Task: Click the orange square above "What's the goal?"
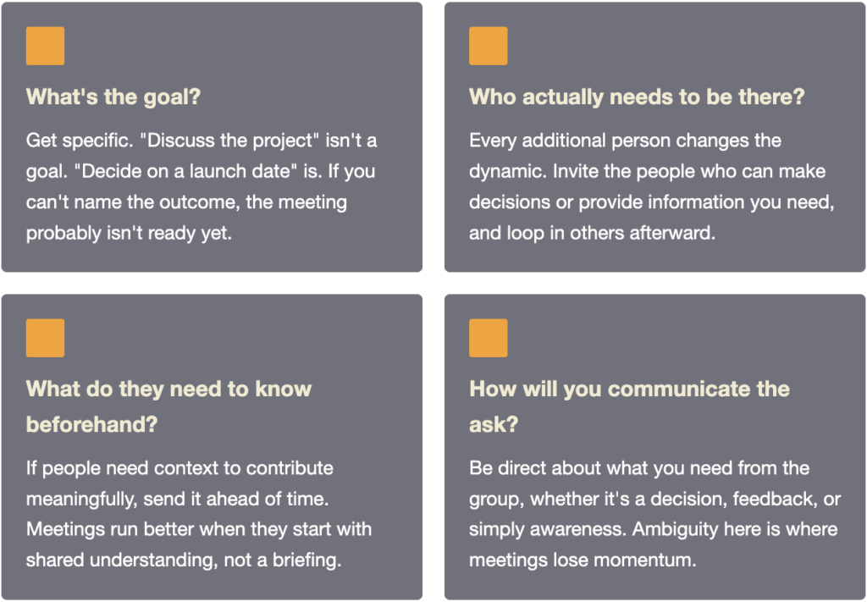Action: [x=46, y=46]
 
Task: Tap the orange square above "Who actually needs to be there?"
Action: [x=489, y=46]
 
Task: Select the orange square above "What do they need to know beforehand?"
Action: [x=46, y=338]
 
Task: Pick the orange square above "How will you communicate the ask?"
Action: [x=489, y=338]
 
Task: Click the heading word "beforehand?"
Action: [x=91, y=424]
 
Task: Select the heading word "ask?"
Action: [x=494, y=424]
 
